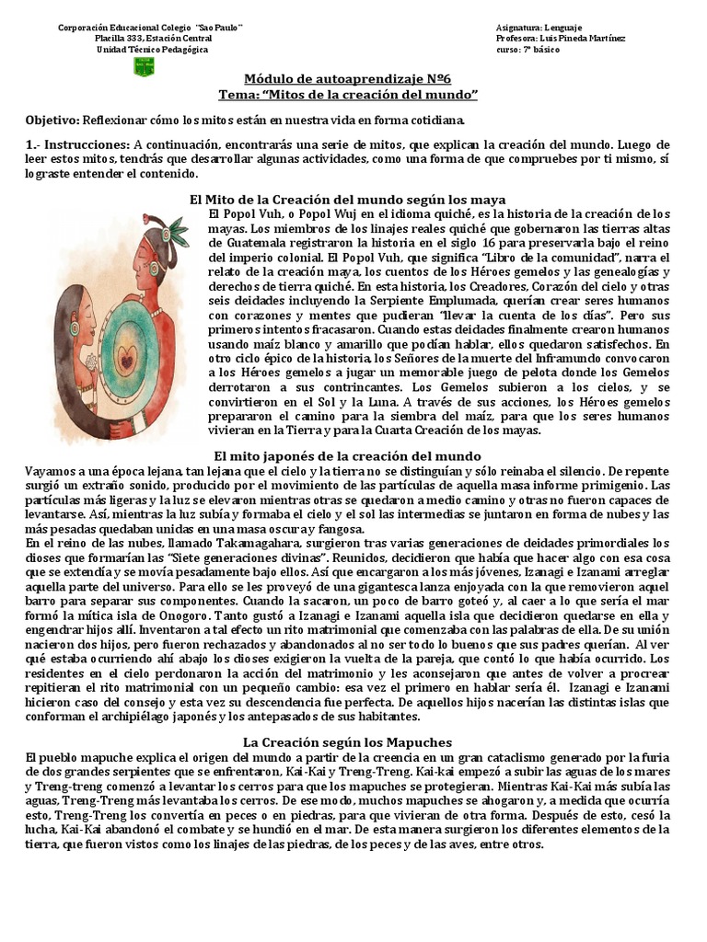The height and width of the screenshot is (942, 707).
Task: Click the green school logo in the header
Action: click(145, 67)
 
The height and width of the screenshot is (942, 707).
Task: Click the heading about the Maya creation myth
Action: click(347, 199)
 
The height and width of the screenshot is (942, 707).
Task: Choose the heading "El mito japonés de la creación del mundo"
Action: click(347, 455)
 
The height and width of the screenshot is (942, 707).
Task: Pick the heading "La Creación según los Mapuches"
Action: click(347, 741)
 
